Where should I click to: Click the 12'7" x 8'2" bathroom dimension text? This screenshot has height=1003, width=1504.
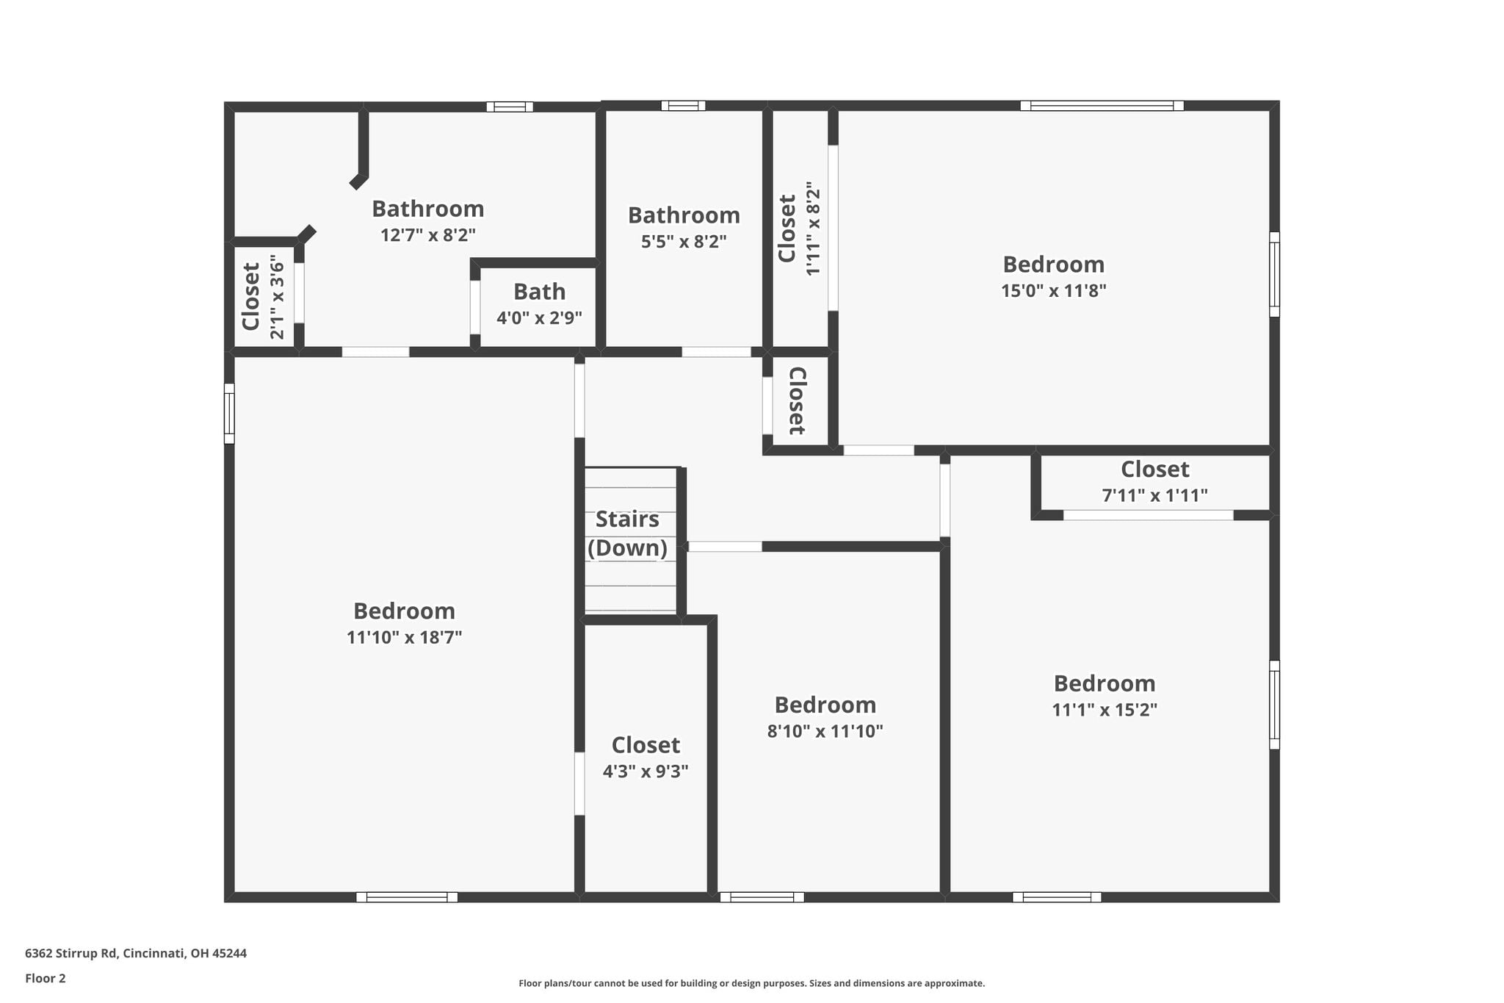(428, 235)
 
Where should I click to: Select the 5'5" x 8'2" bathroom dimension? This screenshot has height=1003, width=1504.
(684, 241)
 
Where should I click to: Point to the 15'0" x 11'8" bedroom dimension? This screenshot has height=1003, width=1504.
(1054, 290)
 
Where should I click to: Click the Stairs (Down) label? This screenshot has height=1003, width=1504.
(628, 533)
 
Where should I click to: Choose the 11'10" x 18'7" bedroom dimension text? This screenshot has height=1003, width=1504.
(404, 637)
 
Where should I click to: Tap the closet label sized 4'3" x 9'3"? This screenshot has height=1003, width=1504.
(646, 758)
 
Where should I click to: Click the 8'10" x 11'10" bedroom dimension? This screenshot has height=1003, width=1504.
(825, 731)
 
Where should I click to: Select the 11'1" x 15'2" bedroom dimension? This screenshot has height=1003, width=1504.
(1104, 710)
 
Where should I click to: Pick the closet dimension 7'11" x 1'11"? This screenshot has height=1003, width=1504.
(1155, 495)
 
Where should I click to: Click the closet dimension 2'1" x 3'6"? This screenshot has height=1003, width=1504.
(277, 297)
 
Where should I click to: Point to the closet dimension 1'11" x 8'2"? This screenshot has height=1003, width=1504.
(812, 229)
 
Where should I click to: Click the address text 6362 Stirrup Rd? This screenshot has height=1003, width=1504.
(71, 953)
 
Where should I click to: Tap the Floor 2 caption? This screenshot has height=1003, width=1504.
(46, 978)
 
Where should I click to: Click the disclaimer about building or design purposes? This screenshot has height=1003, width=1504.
(752, 983)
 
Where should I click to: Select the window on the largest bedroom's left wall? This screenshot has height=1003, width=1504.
(229, 414)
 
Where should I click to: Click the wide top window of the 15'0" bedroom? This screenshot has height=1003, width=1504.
(1102, 106)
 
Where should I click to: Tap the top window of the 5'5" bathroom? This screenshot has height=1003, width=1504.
(683, 106)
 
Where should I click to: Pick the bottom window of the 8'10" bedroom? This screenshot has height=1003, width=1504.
(762, 897)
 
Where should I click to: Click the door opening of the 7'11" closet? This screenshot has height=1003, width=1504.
(1149, 515)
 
